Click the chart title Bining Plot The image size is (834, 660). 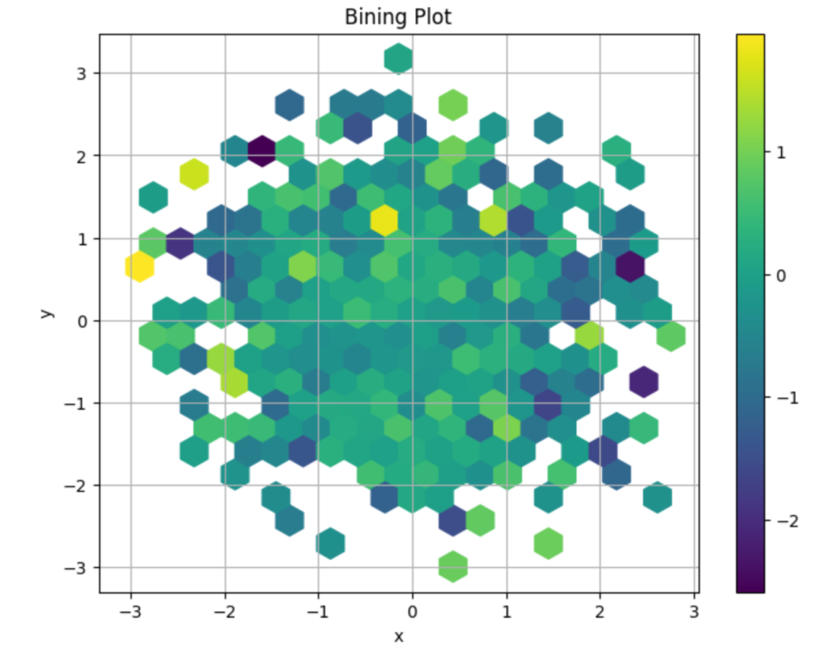pyautogui.click(x=398, y=16)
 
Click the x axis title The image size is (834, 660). pyautogui.click(x=398, y=636)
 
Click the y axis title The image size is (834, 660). pyautogui.click(x=48, y=312)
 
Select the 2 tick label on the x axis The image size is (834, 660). pyautogui.click(x=600, y=611)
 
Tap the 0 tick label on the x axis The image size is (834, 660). pyautogui.click(x=412, y=611)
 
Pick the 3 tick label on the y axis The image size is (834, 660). pyautogui.click(x=83, y=73)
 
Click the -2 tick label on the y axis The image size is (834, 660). pyautogui.click(x=80, y=486)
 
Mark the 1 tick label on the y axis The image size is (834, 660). pyautogui.click(x=83, y=239)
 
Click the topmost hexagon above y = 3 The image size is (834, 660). pyautogui.click(x=398, y=58)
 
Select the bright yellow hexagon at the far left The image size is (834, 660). pyautogui.click(x=139, y=266)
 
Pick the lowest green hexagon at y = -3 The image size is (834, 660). pyautogui.click(x=453, y=565)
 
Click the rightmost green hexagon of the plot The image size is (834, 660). pyautogui.click(x=671, y=336)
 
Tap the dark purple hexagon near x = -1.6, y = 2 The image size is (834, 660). pyautogui.click(x=261, y=151)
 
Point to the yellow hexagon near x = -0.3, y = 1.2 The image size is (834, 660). pyautogui.click(x=384, y=220)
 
